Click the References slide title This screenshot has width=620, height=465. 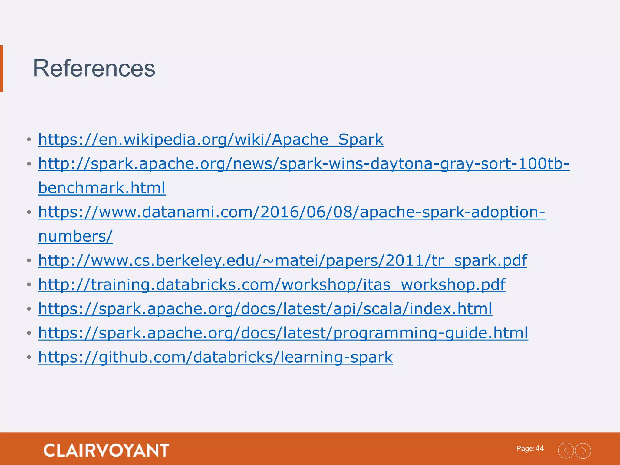point(94,68)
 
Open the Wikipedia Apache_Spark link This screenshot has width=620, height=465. point(211,140)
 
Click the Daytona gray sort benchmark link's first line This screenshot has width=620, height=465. point(304,164)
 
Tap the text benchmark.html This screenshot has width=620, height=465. point(102,188)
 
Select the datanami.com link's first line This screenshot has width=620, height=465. point(292,212)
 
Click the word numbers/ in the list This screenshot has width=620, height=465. point(75,236)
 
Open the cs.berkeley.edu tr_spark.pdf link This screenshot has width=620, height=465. point(282,261)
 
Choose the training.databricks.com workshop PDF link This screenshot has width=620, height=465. point(272,285)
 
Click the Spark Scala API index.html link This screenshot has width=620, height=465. point(265,309)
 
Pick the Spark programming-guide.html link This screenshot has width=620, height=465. point(283,333)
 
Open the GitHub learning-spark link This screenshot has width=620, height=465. point(215,358)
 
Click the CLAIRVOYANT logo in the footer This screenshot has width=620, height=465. point(106,450)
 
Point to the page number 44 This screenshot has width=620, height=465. point(539,448)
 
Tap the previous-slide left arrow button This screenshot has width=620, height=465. point(566,451)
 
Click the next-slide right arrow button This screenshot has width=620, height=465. point(583,451)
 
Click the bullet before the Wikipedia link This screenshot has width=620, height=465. point(29,140)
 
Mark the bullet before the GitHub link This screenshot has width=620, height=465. point(29,358)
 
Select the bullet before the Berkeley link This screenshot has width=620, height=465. point(29,261)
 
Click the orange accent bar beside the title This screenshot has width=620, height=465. point(2,68)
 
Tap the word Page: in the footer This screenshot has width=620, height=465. point(525,449)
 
